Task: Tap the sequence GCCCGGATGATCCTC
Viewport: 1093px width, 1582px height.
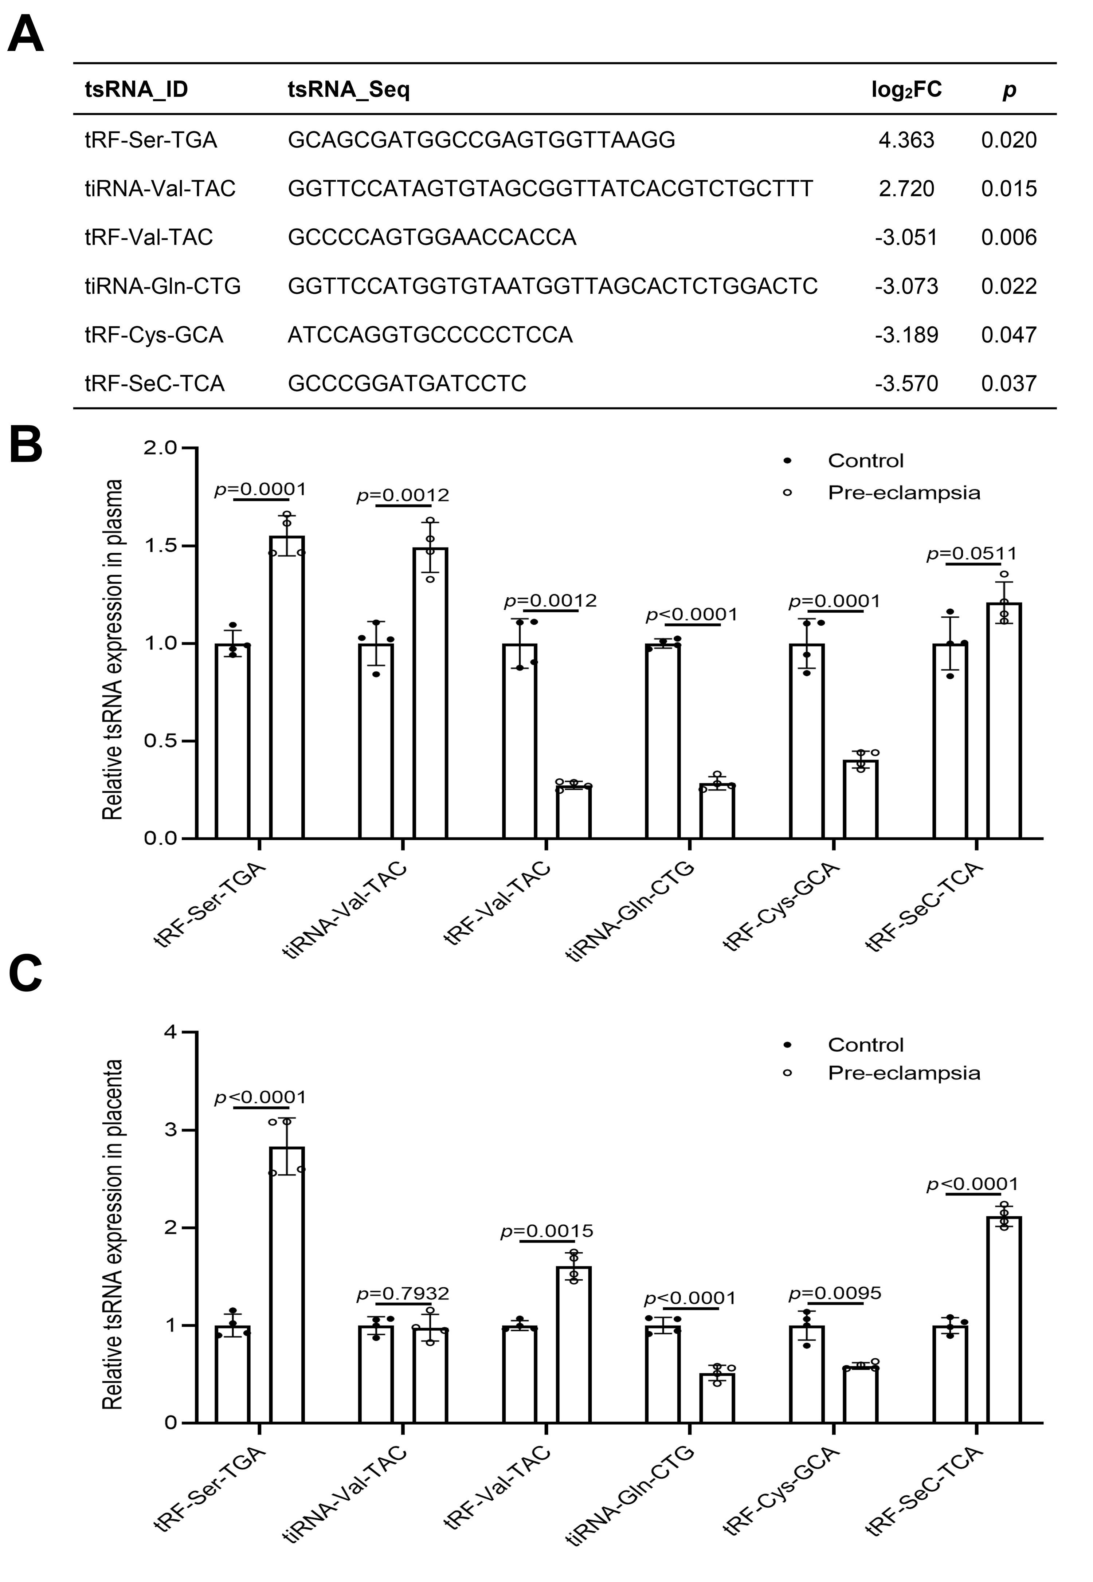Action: [407, 383]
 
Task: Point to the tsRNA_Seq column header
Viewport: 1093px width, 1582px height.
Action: [349, 90]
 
